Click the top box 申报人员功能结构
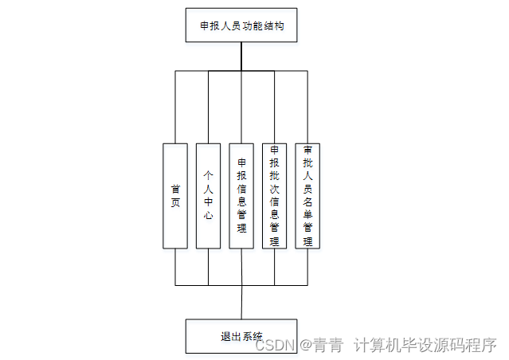(x=241, y=25)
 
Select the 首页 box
(x=175, y=195)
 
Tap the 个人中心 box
(x=209, y=195)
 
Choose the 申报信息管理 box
(x=242, y=195)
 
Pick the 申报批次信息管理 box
(x=275, y=195)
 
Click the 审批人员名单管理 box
(x=308, y=195)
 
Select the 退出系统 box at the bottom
(x=241, y=336)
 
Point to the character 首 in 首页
(x=175, y=189)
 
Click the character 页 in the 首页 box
(x=175, y=202)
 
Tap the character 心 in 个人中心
(x=209, y=215)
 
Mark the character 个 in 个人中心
(x=209, y=175)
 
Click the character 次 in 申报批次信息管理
(x=275, y=189)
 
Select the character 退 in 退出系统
(x=225, y=336)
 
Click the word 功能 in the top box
(x=247, y=25)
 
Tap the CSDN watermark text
(x=276, y=345)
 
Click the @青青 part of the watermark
(x=320, y=345)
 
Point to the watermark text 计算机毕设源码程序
(x=425, y=345)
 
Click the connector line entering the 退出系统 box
(x=241, y=303)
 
